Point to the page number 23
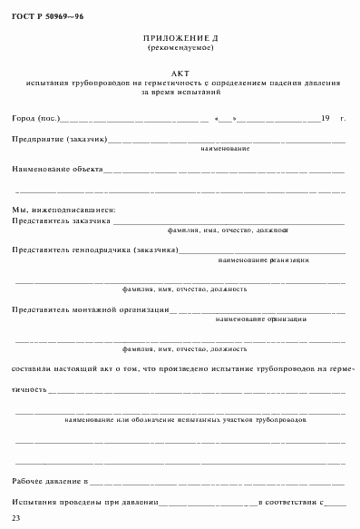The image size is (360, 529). click(x=15, y=517)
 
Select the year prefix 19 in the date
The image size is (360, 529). click(x=325, y=119)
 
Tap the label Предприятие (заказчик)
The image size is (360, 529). click(x=61, y=140)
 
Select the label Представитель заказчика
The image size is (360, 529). click(x=62, y=220)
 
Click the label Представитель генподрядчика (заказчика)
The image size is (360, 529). click(x=95, y=250)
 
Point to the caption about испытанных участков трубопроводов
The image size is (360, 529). click(x=185, y=421)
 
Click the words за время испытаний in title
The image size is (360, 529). click(x=180, y=92)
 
